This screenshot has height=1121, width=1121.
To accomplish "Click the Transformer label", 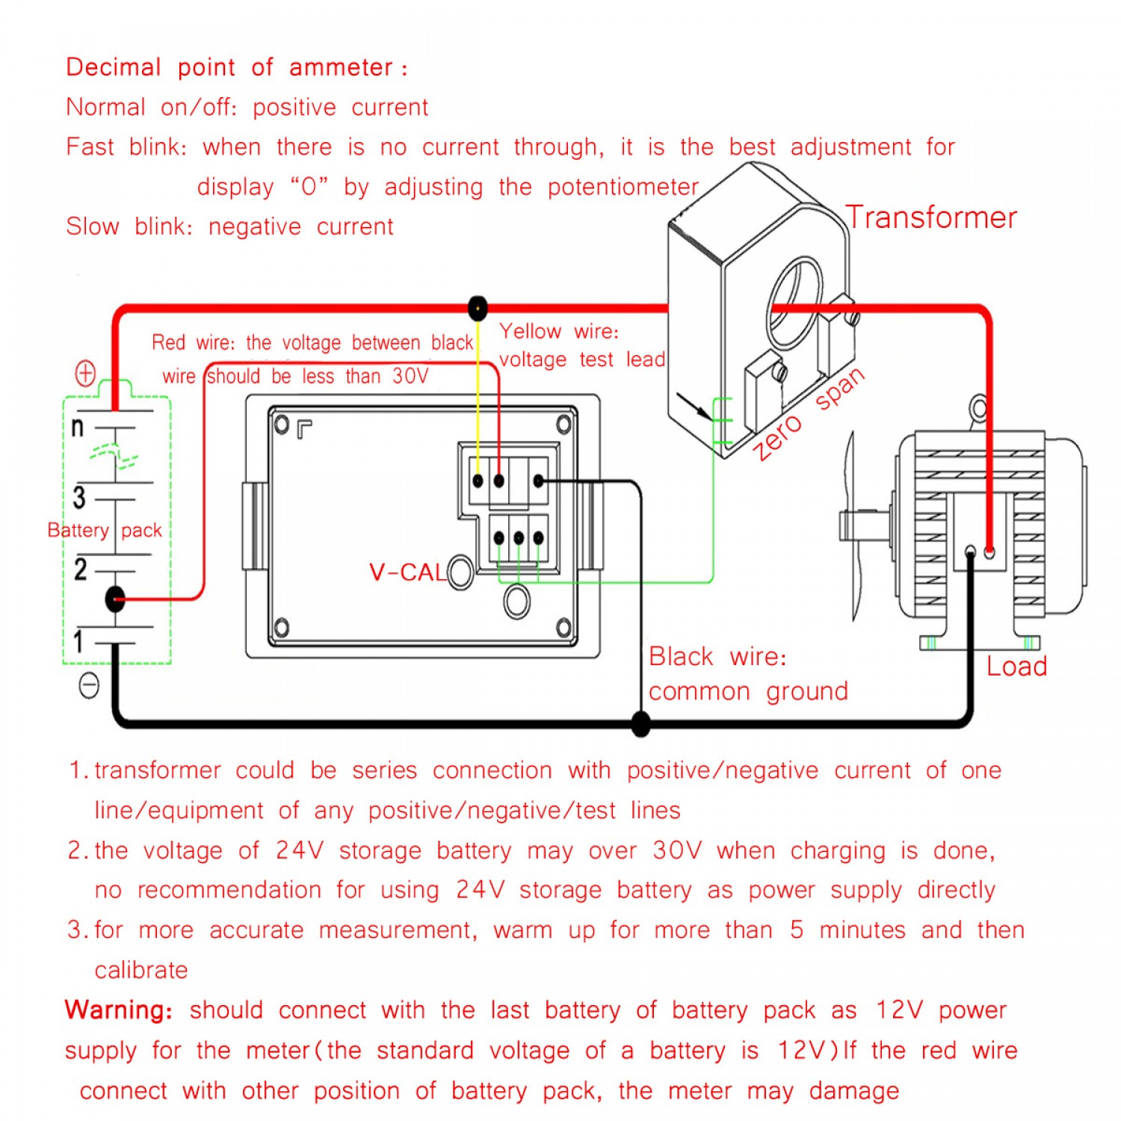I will (931, 217).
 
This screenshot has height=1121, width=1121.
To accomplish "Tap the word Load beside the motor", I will (1016, 666).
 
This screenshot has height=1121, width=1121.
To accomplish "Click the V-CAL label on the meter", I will (407, 572).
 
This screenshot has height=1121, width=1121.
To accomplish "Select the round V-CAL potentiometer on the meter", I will (460, 572).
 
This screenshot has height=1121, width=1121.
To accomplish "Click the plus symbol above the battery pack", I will (86, 372).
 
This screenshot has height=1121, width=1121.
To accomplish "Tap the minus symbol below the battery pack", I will (89, 685).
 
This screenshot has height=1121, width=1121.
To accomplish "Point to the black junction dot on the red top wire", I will (478, 307).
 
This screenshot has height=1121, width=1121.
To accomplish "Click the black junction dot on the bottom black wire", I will (640, 723).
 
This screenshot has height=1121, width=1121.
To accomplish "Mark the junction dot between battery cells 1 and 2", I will (115, 599).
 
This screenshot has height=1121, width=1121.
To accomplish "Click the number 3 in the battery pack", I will (78, 498).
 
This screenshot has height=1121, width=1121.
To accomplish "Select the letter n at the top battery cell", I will (77, 427).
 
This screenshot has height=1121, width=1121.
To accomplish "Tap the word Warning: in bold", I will (119, 1010).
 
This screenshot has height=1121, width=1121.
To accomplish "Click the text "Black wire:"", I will (717, 656).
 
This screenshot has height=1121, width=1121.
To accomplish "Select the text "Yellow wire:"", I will (559, 331).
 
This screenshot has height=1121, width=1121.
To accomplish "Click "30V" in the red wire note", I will (410, 376).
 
